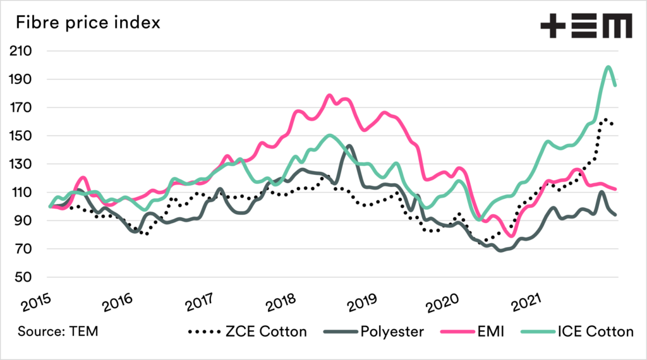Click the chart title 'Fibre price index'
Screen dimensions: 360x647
[x=88, y=23]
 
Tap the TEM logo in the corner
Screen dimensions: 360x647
[x=586, y=27]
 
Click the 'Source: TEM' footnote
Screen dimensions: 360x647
[x=57, y=330]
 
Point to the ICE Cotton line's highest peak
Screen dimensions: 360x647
[x=608, y=67]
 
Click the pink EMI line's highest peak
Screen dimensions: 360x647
[x=330, y=95]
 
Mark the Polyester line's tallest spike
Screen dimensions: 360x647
[x=349, y=146]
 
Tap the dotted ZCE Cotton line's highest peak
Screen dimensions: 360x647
[x=605, y=119]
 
